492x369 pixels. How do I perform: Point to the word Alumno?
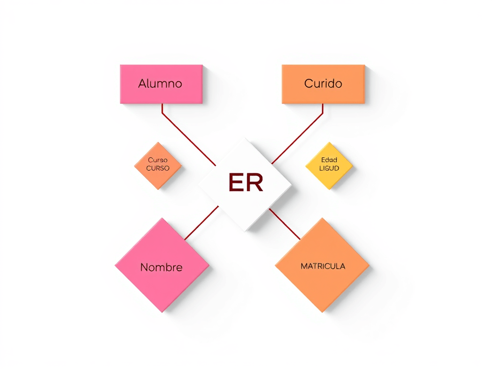(160, 84)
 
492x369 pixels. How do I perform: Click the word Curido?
(323, 84)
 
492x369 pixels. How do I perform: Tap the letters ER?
(246, 183)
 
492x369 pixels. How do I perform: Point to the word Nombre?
(161, 267)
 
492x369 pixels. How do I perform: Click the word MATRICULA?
(322, 266)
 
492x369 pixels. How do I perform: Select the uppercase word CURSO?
(158, 169)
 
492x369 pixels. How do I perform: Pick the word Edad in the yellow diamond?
(329, 160)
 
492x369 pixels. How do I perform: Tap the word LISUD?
(329, 168)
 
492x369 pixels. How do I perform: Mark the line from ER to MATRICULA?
(284, 223)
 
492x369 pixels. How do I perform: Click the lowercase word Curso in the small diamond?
(158, 160)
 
